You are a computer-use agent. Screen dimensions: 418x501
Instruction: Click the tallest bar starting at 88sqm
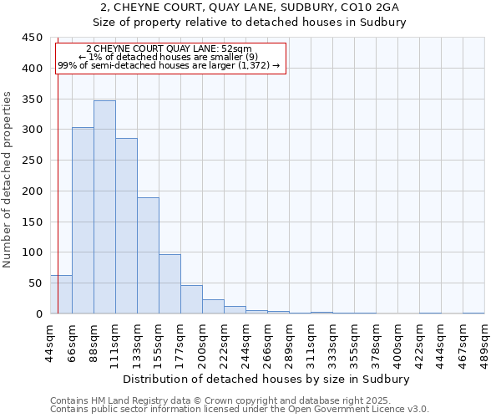[x=104, y=207]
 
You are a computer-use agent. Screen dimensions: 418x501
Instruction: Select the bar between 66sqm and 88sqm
[x=83, y=221]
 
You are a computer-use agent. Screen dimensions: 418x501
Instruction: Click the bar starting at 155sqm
[x=170, y=284]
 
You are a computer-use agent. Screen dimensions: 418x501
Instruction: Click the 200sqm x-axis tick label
[x=203, y=341]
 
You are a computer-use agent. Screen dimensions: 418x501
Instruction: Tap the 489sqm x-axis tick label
[x=485, y=341]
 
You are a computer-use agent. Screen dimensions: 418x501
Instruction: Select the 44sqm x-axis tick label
[x=51, y=341]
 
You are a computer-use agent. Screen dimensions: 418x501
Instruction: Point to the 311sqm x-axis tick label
[x=311, y=341]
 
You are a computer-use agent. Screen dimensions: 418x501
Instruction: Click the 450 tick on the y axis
[x=33, y=38]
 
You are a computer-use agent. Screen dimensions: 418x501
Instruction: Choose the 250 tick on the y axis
[x=33, y=161]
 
